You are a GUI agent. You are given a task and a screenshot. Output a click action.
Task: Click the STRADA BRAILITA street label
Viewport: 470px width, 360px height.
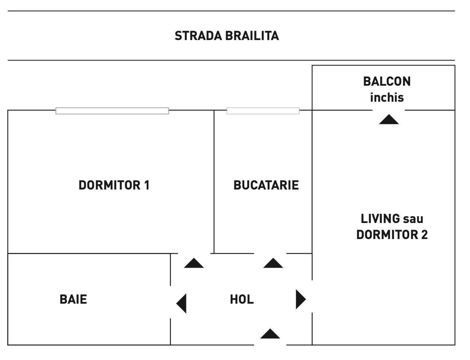click(x=226, y=36)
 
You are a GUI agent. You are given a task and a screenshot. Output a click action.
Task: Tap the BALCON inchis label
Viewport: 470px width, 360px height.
click(x=387, y=89)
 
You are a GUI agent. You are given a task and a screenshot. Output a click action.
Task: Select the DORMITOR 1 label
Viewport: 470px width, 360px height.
click(x=114, y=185)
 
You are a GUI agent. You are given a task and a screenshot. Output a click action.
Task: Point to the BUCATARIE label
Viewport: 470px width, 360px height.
click(x=266, y=185)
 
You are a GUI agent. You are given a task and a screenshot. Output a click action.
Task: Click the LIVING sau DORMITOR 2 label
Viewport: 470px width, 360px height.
click(x=392, y=227)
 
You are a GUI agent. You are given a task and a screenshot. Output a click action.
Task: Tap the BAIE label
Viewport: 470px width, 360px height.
click(x=73, y=299)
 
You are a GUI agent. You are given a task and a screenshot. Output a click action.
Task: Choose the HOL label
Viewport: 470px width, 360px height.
click(x=242, y=299)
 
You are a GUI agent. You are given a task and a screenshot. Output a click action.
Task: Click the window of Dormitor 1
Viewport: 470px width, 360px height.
click(x=112, y=111)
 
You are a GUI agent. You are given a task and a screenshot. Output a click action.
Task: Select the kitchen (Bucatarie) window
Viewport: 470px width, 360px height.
click(x=263, y=111)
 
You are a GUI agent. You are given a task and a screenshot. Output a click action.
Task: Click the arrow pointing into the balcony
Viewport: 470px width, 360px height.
click(x=389, y=120)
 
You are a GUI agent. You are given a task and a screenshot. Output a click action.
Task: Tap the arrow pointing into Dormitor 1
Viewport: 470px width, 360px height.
click(x=194, y=263)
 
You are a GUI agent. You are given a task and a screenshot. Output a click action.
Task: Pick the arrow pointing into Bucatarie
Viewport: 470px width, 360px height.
click(x=273, y=263)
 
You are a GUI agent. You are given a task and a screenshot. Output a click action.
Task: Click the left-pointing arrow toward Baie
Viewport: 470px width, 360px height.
click(x=182, y=303)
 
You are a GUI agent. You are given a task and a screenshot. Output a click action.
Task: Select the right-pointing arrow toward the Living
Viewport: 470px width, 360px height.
click(x=300, y=299)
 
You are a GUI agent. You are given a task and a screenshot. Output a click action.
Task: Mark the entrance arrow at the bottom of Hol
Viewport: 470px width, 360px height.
click(x=270, y=334)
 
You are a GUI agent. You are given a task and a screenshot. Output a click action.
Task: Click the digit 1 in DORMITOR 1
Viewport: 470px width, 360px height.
click(x=146, y=185)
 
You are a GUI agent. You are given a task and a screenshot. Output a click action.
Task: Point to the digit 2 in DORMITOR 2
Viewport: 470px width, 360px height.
click(x=424, y=235)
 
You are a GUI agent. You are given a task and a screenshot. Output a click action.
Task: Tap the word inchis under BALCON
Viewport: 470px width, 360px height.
click(x=387, y=98)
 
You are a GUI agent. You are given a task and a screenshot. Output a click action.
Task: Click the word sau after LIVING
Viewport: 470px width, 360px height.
click(x=413, y=219)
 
